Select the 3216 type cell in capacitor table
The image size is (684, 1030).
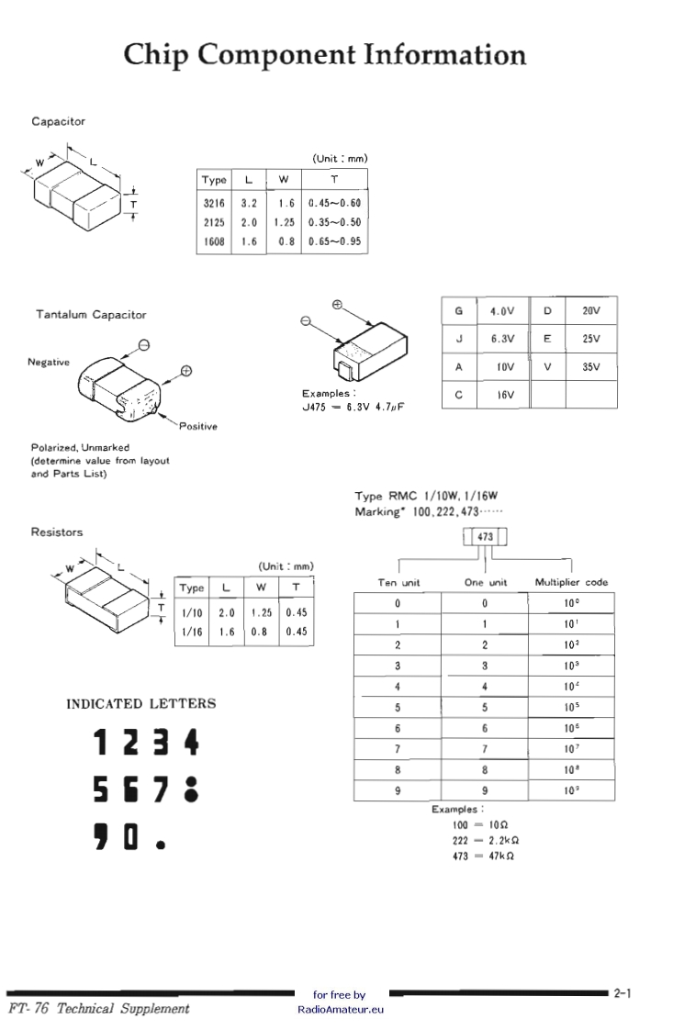[214, 203]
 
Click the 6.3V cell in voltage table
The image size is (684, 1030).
[502, 338]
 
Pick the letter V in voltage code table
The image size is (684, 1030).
[547, 366]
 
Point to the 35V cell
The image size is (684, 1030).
[591, 366]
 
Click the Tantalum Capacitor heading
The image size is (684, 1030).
[91, 315]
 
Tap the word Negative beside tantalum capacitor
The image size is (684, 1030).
[49, 362]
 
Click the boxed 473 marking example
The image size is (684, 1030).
[484, 537]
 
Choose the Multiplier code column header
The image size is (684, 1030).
[571, 582]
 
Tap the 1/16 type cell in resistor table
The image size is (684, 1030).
[192, 633]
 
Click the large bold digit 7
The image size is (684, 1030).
[157, 790]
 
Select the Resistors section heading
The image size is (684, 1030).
[57, 532]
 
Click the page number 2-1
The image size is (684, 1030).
[623, 992]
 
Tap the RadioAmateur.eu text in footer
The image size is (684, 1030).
[340, 1008]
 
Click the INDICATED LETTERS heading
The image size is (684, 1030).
[141, 704]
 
